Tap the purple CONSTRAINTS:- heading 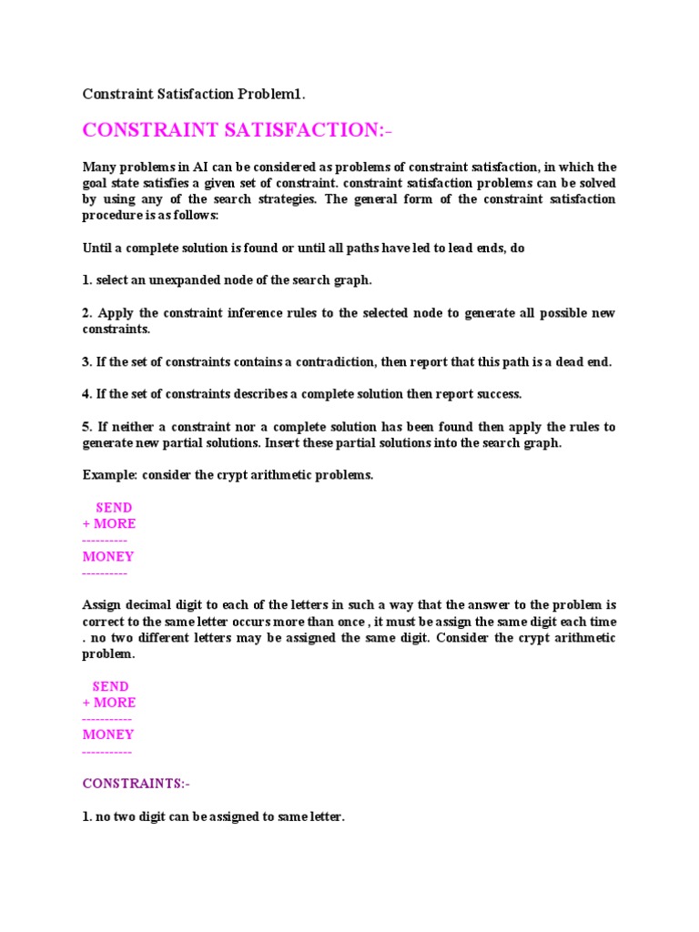click(137, 784)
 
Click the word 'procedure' click(115, 216)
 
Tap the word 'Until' click(99, 248)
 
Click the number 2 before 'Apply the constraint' click(86, 313)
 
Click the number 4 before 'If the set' click(86, 394)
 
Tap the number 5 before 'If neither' click(86, 427)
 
